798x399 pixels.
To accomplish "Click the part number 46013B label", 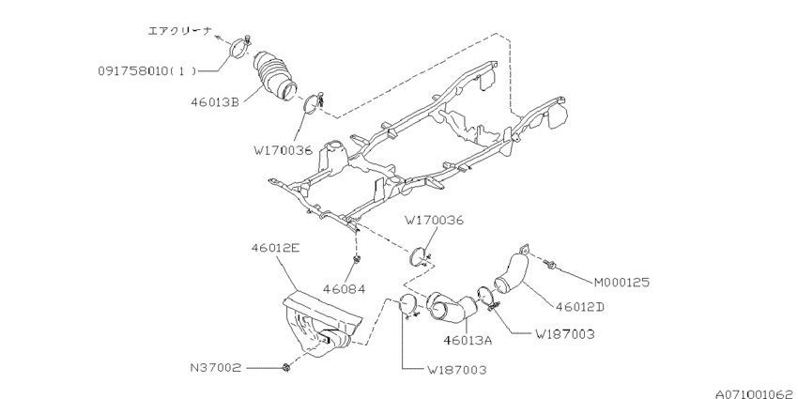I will coord(212,100).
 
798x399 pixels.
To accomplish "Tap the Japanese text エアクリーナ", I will coord(182,30).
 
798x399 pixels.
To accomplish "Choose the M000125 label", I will coord(622,281).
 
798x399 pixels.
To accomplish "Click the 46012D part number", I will coord(587,305).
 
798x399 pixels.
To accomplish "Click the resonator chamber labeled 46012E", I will coord(319,324).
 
